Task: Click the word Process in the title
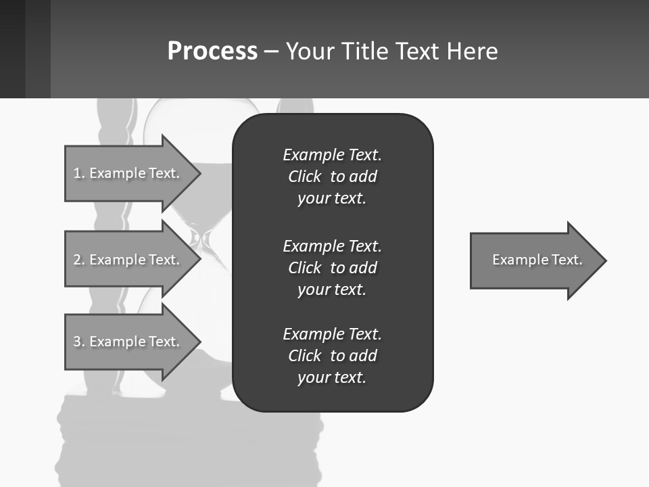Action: [212, 51]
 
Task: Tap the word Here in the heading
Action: [473, 51]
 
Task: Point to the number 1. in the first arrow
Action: [78, 173]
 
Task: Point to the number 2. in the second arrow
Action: [78, 260]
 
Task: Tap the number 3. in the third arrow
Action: [78, 342]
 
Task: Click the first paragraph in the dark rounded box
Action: [332, 177]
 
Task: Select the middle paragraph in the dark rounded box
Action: [332, 268]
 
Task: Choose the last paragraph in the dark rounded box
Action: [332, 356]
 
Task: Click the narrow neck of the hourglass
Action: [201, 238]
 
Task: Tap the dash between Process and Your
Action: [271, 51]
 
